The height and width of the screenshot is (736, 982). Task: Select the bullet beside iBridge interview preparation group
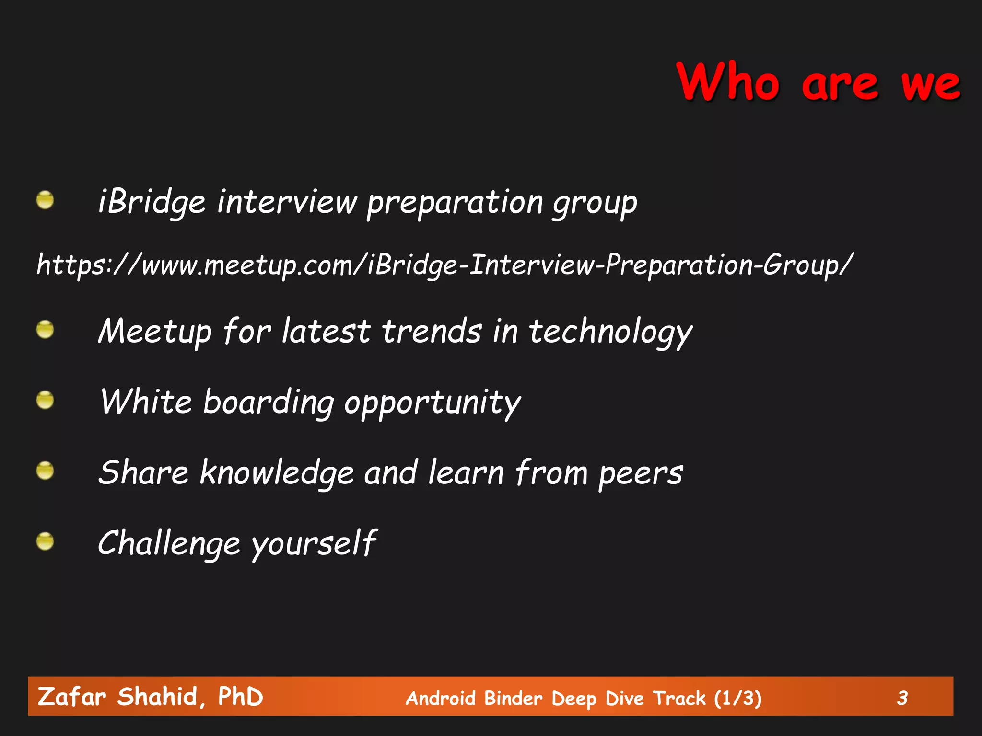point(45,200)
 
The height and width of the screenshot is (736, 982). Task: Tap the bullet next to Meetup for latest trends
point(45,330)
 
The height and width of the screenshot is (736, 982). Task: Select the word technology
point(610,332)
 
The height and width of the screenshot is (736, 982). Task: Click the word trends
point(432,331)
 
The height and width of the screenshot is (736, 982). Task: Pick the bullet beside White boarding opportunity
point(45,400)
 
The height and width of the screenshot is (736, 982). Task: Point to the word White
point(146,401)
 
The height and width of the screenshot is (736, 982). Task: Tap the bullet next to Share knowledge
point(45,471)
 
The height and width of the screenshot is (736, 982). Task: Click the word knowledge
point(277,473)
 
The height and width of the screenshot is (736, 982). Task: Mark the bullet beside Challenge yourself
point(45,541)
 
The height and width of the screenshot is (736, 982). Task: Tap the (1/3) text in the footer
point(737,698)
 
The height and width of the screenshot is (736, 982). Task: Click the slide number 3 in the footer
point(902,698)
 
